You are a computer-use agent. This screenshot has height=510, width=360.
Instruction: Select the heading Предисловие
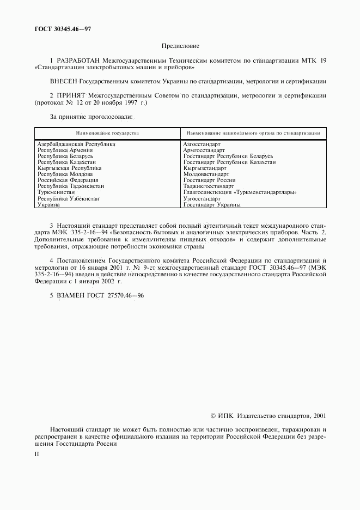pos(180,46)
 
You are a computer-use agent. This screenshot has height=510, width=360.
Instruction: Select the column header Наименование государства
pos(107,133)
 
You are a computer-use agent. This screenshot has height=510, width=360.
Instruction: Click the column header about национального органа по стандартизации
pos(253,133)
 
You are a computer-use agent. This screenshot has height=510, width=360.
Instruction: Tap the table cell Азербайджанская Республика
pos(76,144)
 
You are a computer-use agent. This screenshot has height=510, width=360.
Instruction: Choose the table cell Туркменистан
pos(56,193)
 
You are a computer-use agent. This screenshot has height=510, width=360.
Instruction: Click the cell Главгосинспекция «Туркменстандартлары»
pos(240,193)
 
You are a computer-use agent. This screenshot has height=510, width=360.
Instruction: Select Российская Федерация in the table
pos(68,180)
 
